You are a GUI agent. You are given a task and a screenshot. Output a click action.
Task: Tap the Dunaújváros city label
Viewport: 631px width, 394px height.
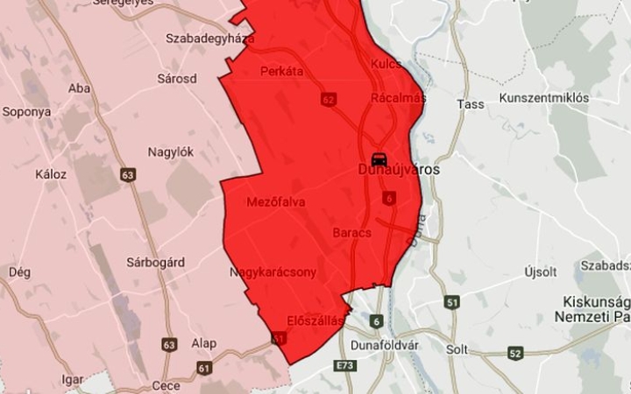coord(400,170)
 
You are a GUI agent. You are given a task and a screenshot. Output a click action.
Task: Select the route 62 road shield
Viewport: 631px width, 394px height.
coord(329,100)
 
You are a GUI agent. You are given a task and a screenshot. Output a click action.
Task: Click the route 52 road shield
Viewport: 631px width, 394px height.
coord(515,353)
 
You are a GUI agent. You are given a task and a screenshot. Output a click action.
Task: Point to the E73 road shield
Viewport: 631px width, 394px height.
coord(344,365)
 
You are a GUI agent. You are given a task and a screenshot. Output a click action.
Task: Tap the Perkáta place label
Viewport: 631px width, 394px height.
coord(281,72)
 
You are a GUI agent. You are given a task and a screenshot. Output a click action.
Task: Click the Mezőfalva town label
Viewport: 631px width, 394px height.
coord(276,202)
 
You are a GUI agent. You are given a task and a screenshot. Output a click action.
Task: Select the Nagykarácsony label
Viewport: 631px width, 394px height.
coord(273,273)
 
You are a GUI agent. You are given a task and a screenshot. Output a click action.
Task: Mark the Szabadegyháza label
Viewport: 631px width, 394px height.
coord(210,39)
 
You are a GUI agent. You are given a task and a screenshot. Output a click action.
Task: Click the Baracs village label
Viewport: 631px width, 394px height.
coord(352,233)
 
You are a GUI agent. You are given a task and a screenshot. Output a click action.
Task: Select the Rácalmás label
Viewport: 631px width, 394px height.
coord(398,98)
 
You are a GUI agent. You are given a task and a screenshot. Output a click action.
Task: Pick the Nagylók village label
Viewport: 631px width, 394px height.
coord(171,151)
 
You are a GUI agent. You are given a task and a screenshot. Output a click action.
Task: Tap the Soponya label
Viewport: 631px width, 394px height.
coord(25,112)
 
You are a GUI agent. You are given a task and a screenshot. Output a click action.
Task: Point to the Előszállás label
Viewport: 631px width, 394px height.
coord(315,320)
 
